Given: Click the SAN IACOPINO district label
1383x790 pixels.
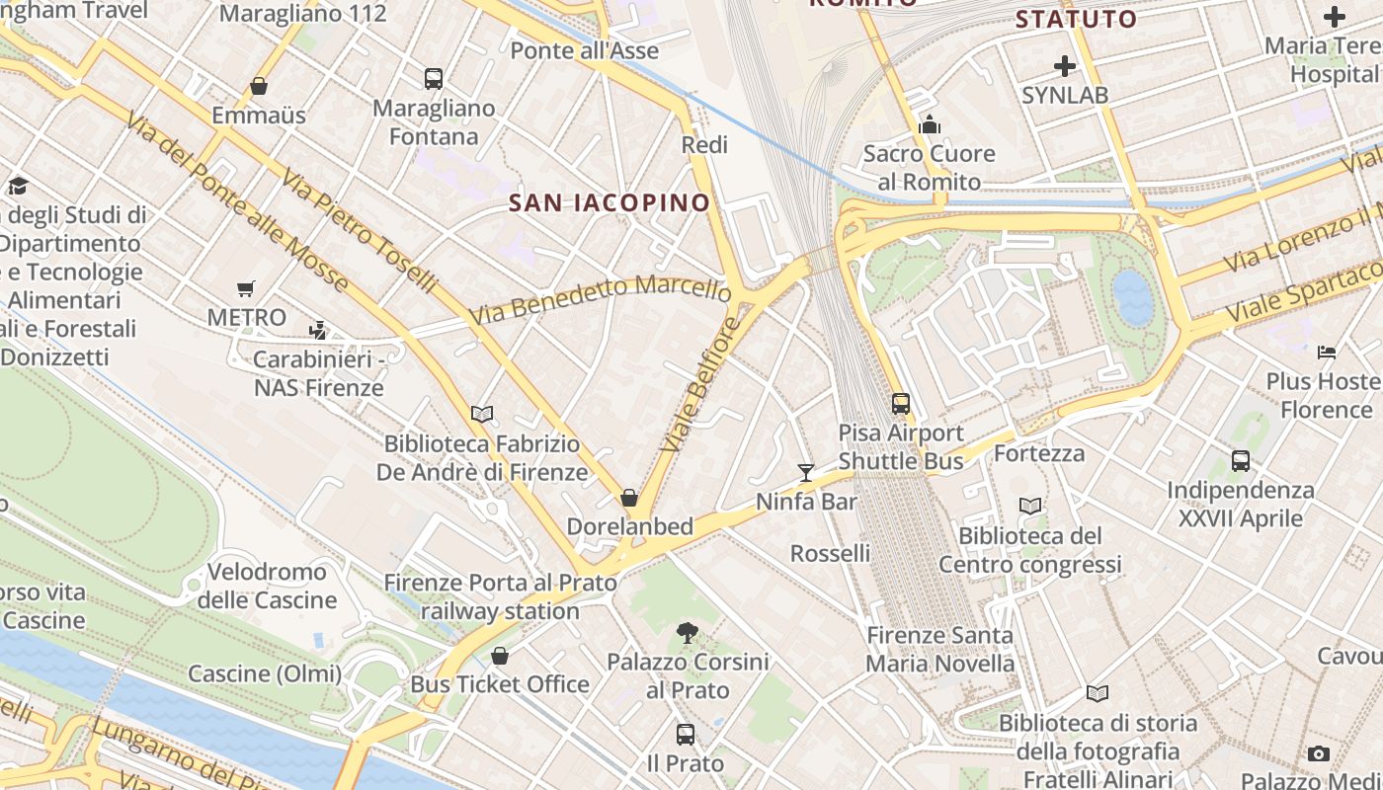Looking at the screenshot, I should click(x=609, y=203).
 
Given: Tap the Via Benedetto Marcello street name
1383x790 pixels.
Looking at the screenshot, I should click(x=601, y=299).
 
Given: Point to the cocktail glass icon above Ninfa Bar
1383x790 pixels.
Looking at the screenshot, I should click(x=806, y=473).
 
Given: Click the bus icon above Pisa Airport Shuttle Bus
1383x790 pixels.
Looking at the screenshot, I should click(x=901, y=404).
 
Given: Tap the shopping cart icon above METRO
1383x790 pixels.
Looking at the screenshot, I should click(x=246, y=289).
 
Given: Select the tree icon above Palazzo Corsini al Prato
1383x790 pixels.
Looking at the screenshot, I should click(x=688, y=633).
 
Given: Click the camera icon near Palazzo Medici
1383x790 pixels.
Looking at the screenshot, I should click(x=1319, y=754).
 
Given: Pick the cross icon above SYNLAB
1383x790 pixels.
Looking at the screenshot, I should click(x=1065, y=66).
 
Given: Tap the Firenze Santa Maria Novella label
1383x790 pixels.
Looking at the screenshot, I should click(x=939, y=649).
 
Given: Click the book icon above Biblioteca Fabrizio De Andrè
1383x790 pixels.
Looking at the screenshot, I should click(x=482, y=415).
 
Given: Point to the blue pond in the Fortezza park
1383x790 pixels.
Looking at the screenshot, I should click(x=1133, y=296).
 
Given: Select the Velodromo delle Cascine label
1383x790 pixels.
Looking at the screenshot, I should click(x=267, y=586).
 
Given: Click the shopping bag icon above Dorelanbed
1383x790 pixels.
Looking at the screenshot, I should click(x=629, y=498).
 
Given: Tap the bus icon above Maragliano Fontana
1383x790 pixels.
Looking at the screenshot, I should click(x=433, y=79).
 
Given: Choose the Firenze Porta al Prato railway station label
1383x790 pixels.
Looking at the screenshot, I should click(x=500, y=596).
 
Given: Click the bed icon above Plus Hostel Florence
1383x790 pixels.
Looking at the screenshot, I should click(x=1327, y=353).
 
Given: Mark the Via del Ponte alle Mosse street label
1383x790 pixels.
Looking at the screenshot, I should click(x=237, y=201).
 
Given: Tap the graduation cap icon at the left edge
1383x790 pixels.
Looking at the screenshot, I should click(x=18, y=186).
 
